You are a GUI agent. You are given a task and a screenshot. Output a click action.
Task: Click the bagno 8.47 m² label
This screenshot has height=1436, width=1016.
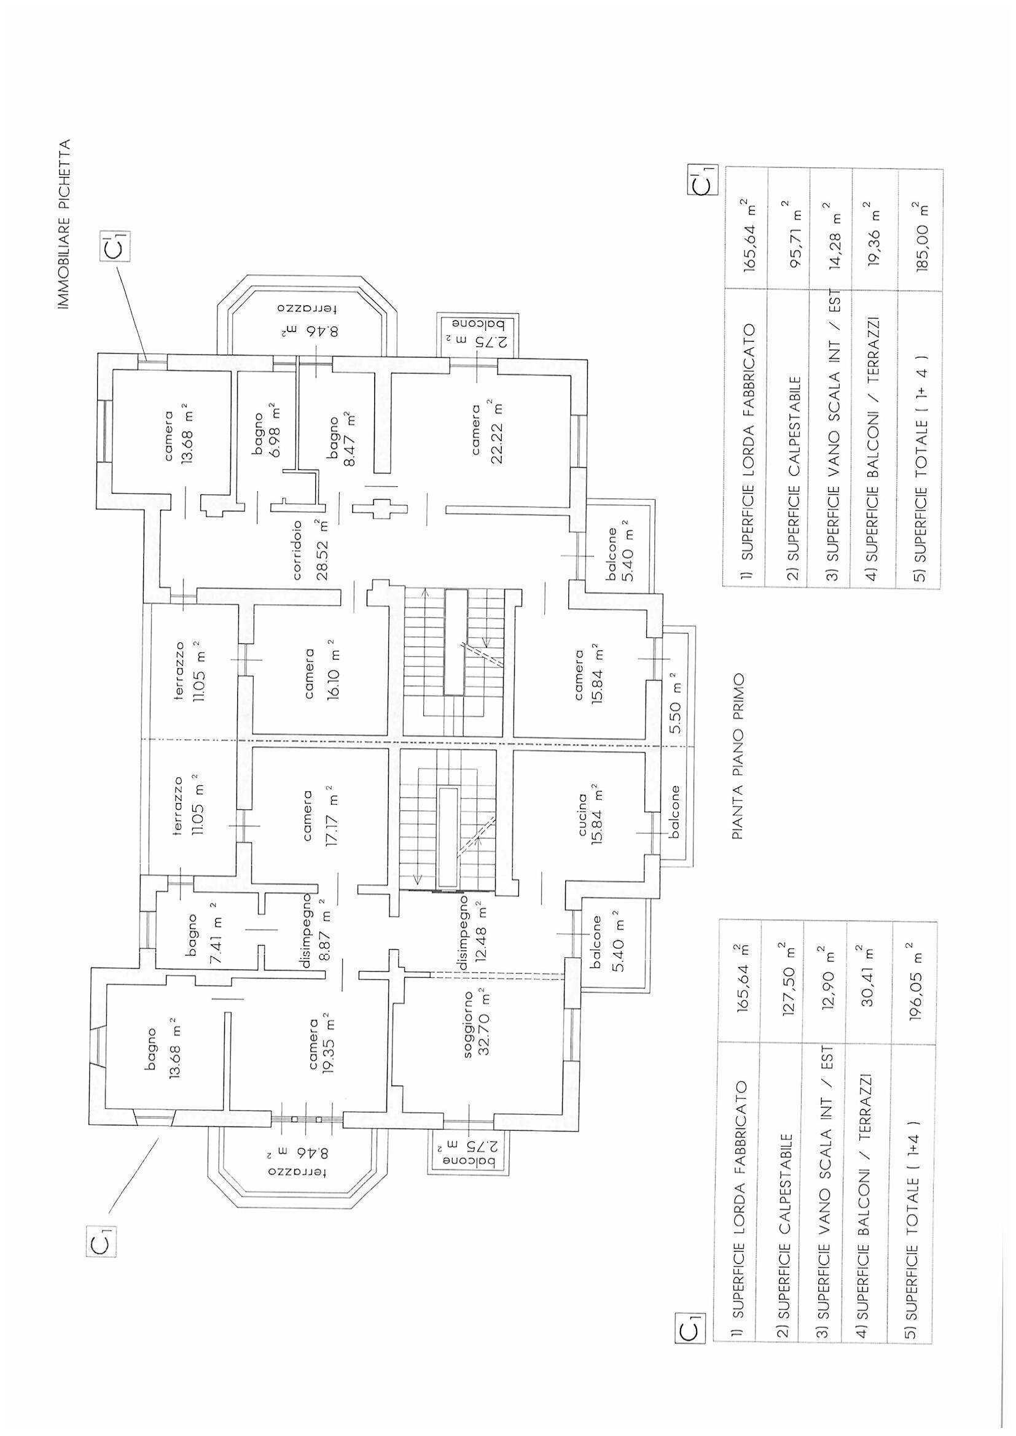[342, 441]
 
